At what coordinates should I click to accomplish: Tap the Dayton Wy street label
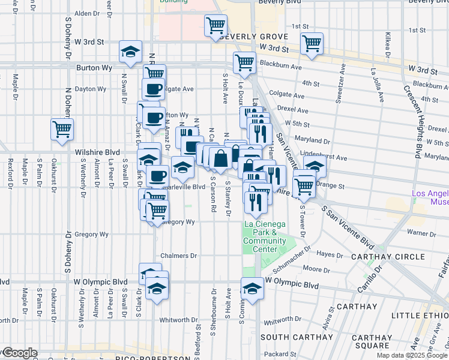(91, 89)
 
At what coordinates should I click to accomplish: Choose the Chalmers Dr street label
(178, 256)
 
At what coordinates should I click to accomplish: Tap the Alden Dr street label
(86, 13)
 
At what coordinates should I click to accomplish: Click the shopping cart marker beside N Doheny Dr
(62, 128)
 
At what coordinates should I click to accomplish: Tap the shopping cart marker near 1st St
(312, 43)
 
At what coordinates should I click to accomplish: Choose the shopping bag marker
(221, 158)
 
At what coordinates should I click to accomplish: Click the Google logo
(19, 353)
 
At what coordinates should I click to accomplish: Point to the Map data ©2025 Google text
(412, 355)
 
